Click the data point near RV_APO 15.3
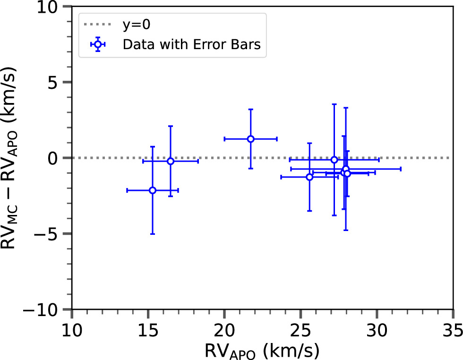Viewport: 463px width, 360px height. [153, 190]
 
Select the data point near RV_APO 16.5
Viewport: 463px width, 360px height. [171, 161]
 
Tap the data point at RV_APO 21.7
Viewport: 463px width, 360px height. [251, 139]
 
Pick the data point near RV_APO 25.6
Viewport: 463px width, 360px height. [309, 177]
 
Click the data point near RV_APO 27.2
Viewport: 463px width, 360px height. [334, 160]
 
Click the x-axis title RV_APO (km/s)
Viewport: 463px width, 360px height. [262, 350]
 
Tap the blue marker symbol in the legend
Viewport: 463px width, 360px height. [97, 44]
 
